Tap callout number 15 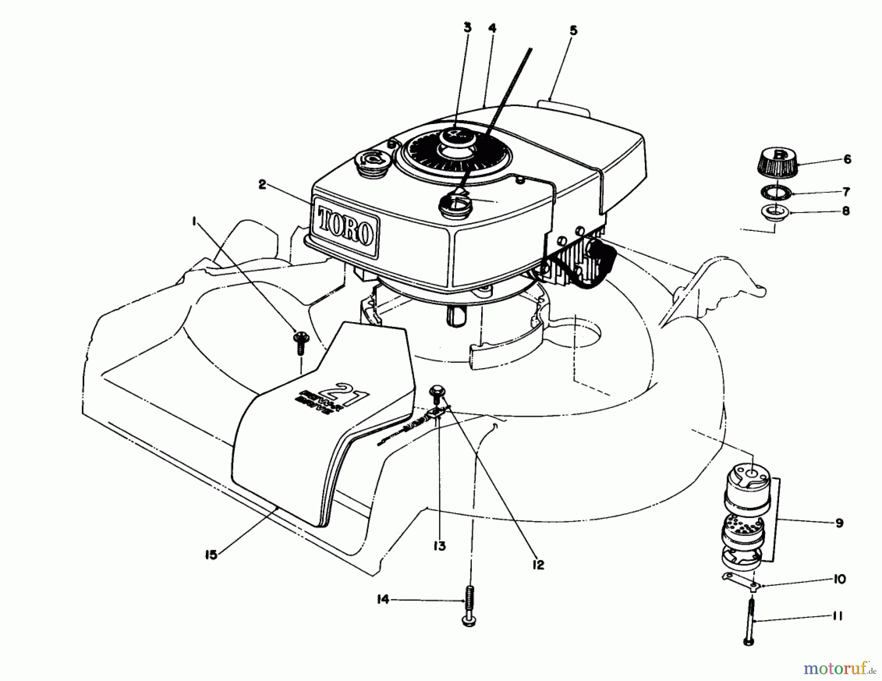211,555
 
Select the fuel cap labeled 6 779,161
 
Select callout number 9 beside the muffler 839,523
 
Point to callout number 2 262,185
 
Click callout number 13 439,546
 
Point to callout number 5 573,30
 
